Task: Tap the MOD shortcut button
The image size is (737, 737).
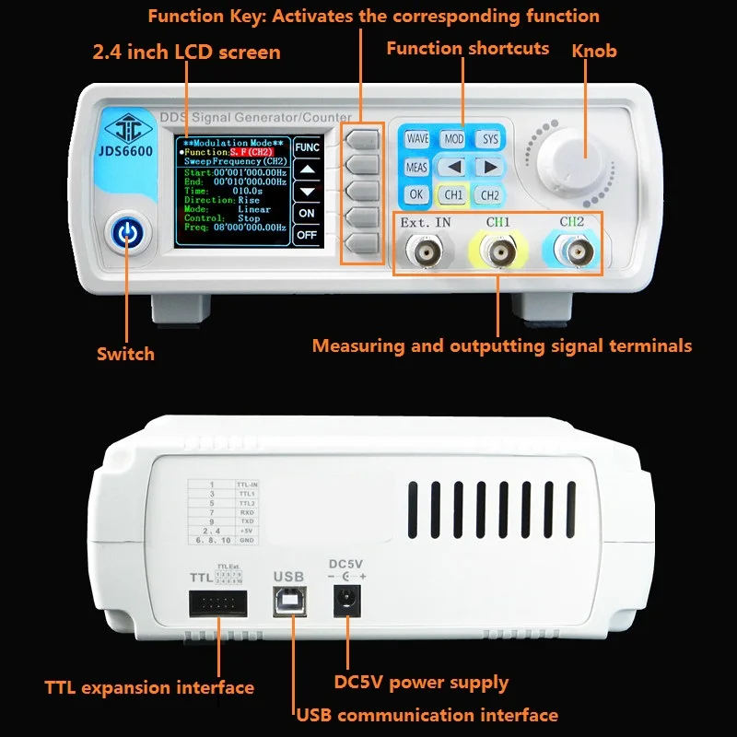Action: [453, 139]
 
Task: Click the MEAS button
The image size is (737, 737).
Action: [416, 168]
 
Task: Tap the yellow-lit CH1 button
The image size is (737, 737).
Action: [453, 195]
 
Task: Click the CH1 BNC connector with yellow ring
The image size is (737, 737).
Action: [498, 252]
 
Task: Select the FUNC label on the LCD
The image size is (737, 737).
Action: [307, 147]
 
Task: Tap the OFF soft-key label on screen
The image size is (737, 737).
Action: [307, 236]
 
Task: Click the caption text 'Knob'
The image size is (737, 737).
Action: [594, 50]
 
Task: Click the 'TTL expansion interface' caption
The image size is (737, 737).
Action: [149, 687]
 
